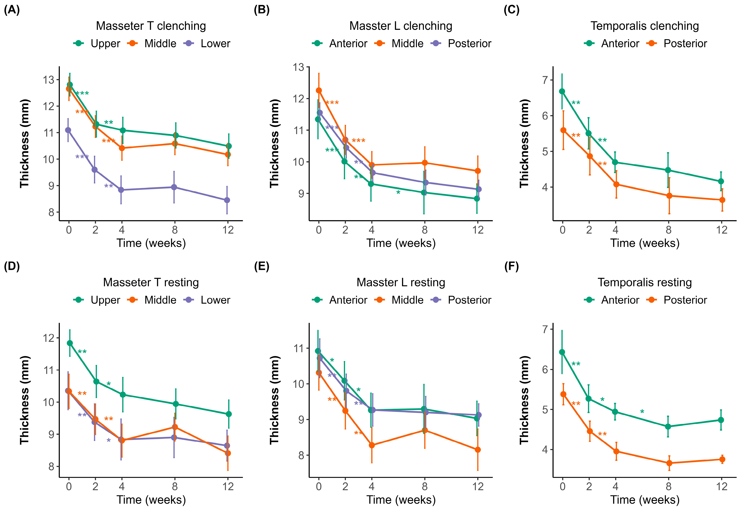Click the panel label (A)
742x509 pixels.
[x=12, y=10]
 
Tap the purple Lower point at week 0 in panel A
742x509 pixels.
[x=68, y=130]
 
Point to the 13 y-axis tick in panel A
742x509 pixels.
[x=48, y=80]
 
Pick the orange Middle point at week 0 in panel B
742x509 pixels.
[x=319, y=90]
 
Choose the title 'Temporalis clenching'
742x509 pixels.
[x=645, y=26]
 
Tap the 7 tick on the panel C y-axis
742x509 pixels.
[x=545, y=80]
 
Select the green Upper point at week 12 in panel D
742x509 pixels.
[x=229, y=414]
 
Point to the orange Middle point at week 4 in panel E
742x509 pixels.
[x=372, y=445]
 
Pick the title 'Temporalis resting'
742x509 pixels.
[x=645, y=282]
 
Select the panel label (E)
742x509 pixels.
[x=261, y=266]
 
